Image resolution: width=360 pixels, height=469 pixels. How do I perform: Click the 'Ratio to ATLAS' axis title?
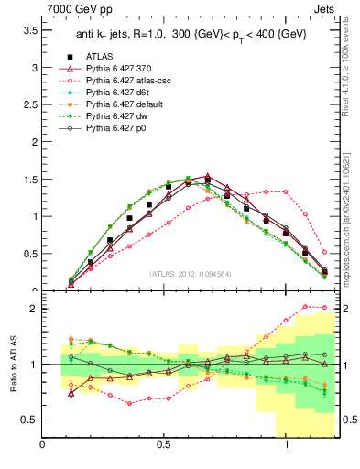pos(13,364)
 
